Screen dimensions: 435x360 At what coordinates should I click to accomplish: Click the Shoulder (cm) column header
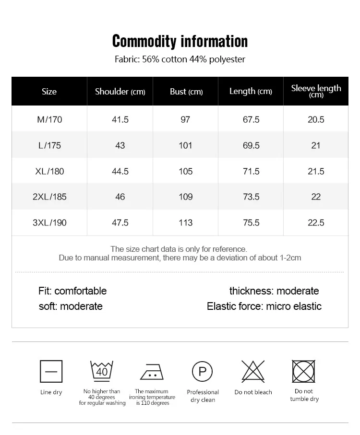(x=120, y=92)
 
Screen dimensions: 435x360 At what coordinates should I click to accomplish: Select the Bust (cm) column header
(x=186, y=92)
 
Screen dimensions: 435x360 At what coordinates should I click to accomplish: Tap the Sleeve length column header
(x=316, y=91)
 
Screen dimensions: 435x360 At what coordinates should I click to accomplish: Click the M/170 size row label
(x=49, y=119)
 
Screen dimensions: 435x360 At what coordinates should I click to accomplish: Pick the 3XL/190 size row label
(x=49, y=223)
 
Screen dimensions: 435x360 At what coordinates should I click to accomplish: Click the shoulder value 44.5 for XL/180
(x=120, y=171)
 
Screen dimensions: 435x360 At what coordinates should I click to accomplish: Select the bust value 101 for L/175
(x=186, y=145)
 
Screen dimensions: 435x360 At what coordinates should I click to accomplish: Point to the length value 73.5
(x=251, y=197)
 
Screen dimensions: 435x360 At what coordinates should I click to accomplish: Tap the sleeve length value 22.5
(x=316, y=223)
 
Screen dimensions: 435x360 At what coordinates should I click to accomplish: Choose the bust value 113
(x=186, y=223)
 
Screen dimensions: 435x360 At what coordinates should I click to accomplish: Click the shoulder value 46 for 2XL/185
(x=120, y=197)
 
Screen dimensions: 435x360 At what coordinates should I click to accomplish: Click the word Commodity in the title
(x=144, y=41)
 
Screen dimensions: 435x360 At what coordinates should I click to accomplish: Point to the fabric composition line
(x=180, y=59)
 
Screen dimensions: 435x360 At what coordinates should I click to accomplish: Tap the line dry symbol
(x=51, y=371)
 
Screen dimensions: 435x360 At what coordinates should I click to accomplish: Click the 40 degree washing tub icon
(x=102, y=371)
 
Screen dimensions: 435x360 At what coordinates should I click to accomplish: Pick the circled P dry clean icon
(x=202, y=371)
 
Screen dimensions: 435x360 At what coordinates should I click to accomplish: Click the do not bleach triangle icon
(x=253, y=371)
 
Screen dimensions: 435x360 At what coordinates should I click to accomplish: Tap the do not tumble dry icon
(x=304, y=371)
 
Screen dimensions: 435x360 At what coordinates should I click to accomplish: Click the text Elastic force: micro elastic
(x=264, y=306)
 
